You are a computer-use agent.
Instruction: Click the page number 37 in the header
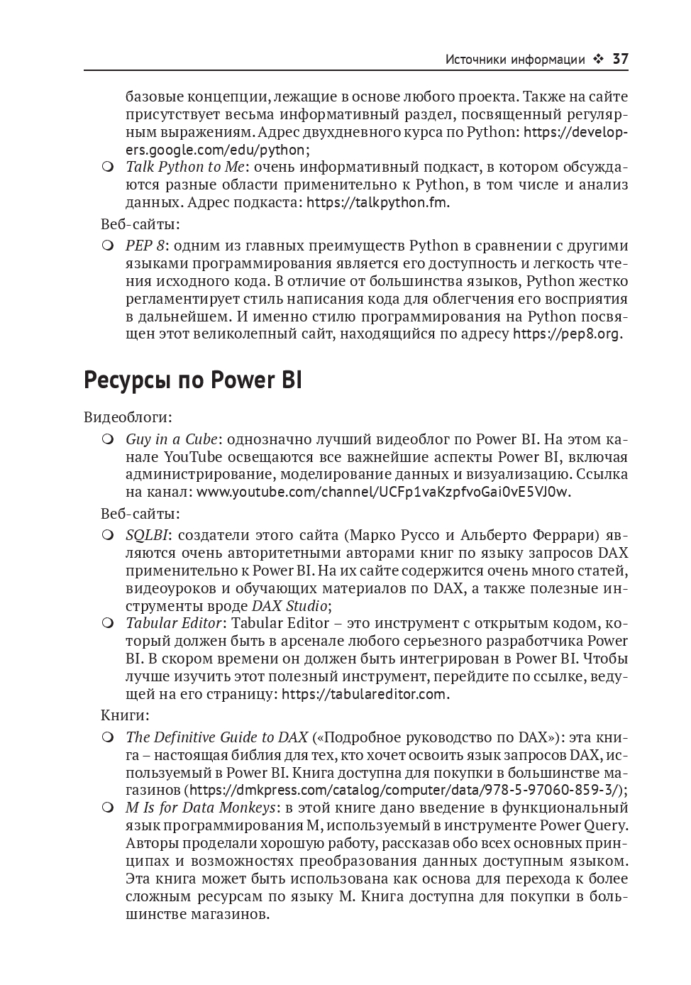(x=620, y=60)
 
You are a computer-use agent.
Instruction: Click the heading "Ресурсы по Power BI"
(x=192, y=380)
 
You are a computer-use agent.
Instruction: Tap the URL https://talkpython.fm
(x=377, y=202)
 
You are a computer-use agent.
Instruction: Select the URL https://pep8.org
(x=567, y=334)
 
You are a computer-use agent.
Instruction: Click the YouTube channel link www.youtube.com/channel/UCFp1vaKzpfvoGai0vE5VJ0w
(x=383, y=492)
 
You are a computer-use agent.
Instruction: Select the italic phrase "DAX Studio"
(x=289, y=606)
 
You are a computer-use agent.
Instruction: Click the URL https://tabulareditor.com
(x=365, y=694)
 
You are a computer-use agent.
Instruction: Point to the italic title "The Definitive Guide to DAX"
(x=216, y=737)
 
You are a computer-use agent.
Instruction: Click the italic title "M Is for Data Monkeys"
(x=201, y=808)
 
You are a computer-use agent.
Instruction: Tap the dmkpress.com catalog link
(x=406, y=790)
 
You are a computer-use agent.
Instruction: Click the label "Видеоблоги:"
(x=128, y=417)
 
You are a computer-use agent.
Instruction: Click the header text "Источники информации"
(x=514, y=60)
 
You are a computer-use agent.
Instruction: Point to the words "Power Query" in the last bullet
(x=594, y=825)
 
